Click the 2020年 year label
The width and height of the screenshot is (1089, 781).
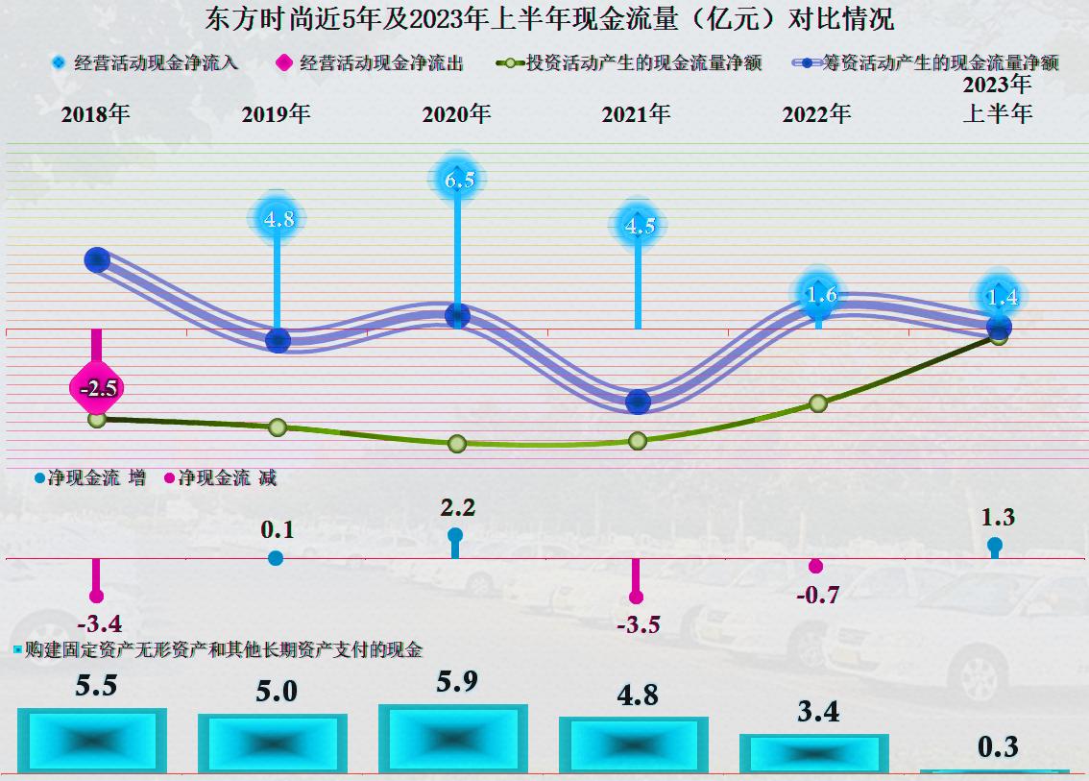(456, 114)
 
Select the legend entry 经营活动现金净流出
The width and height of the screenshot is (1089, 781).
(371, 63)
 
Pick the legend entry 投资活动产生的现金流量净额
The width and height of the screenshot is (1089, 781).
(629, 63)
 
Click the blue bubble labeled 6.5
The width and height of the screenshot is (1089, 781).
(459, 181)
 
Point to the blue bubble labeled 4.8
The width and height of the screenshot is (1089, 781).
(278, 219)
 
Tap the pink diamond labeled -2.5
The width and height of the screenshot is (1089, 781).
(97, 389)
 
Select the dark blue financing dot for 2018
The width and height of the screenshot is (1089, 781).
(97, 258)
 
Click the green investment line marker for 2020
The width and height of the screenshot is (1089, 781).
(457, 443)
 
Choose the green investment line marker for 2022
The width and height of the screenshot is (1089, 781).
(818, 403)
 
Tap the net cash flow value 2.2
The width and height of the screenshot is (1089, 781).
(457, 507)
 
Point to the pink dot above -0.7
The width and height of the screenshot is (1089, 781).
(816, 566)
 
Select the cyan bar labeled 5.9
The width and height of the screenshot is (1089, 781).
(453, 739)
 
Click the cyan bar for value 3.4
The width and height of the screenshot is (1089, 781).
(814, 753)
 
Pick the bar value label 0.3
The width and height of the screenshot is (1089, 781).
(997, 746)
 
